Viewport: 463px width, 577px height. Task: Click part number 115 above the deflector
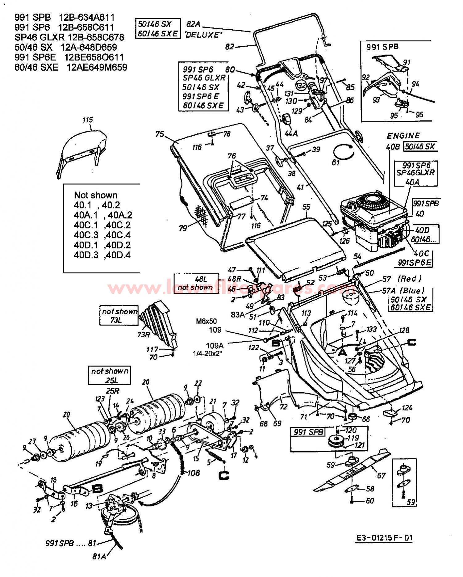(88, 120)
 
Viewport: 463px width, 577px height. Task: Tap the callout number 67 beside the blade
(381, 475)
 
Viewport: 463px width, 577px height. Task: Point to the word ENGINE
(403, 136)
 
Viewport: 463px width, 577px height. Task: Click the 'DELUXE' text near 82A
(203, 35)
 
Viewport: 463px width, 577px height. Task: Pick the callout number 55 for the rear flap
(306, 207)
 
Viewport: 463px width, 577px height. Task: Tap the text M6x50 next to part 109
(206, 321)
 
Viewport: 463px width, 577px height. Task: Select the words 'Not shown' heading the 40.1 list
(96, 195)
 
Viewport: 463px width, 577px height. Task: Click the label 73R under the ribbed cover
(143, 334)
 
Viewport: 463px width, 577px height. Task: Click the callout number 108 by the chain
(194, 473)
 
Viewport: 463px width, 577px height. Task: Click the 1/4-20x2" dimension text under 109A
(208, 353)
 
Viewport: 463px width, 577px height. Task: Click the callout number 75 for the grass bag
(159, 134)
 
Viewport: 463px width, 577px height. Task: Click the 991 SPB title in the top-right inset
(382, 47)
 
